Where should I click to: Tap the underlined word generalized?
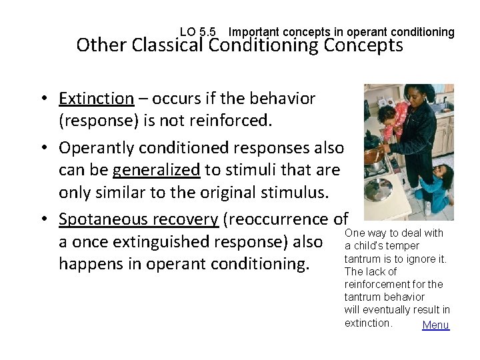point(156,169)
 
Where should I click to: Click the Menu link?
point(436,325)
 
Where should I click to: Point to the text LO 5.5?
point(198,32)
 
